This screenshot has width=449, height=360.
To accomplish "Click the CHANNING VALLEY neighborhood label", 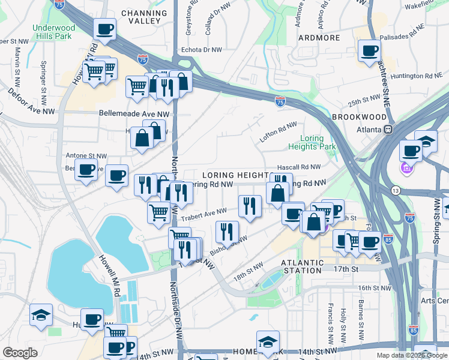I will click(x=144, y=17).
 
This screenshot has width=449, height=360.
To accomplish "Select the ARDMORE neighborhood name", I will click(x=319, y=37).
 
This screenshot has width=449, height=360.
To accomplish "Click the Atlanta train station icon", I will click(x=388, y=129).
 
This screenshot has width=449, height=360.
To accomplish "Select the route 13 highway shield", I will click(x=395, y=190).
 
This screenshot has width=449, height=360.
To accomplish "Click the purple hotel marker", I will click(x=406, y=169).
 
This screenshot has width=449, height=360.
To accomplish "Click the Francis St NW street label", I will click(x=330, y=321).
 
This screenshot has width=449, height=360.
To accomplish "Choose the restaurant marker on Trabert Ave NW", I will click(x=249, y=205).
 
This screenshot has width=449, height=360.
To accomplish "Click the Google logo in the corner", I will click(x=20, y=353).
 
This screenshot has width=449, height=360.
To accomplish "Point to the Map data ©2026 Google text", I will click(x=412, y=355).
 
